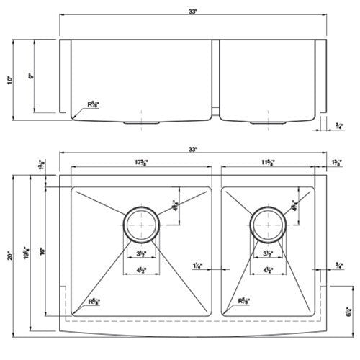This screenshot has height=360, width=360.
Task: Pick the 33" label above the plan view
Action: pyautogui.click(x=192, y=149)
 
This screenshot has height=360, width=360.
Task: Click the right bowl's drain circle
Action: pyautogui.click(x=267, y=223)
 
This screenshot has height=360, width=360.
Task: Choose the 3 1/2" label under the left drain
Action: pyautogui.click(x=142, y=255)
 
